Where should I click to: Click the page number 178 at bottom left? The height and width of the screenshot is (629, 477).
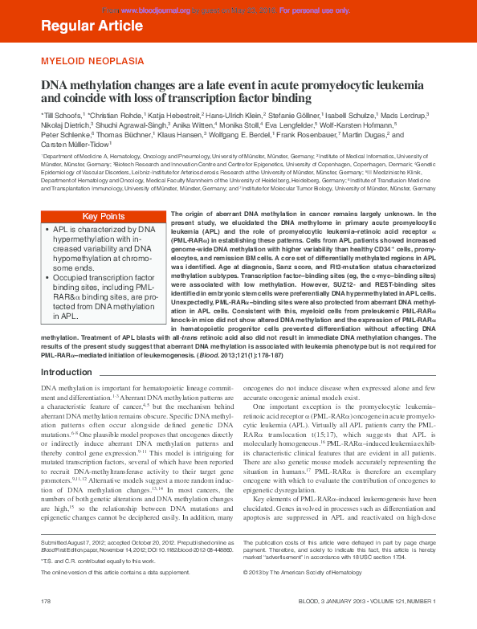(47, 601)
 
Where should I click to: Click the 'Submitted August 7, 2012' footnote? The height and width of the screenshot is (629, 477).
(87, 542)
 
